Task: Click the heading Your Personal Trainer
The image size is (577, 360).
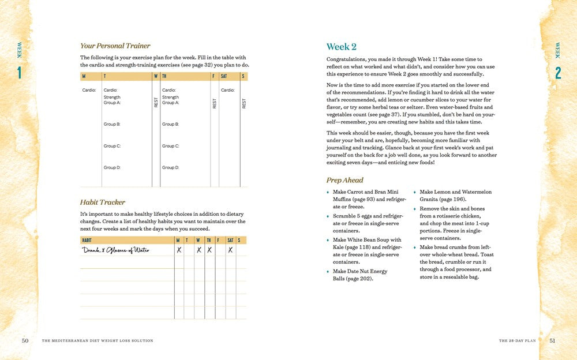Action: (115, 46)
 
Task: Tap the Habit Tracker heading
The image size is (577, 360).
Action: (103, 202)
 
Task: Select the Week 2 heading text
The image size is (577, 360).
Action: (341, 47)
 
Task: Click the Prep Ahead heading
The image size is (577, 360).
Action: (344, 180)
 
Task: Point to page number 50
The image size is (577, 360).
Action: (25, 340)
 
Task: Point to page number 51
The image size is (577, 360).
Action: (552, 340)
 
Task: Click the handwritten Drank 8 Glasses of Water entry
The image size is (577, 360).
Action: (115, 250)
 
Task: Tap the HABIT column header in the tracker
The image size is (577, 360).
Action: (87, 240)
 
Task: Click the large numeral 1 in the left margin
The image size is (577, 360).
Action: (19, 73)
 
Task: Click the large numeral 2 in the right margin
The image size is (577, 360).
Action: (558, 73)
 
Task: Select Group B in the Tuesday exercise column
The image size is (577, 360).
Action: (112, 124)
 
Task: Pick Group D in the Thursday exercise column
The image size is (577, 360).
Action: (170, 167)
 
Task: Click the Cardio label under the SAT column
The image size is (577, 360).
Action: (228, 90)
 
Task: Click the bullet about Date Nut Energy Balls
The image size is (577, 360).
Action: (360, 275)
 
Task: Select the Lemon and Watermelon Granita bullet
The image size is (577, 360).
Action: (447, 195)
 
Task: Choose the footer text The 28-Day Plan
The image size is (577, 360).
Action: (517, 341)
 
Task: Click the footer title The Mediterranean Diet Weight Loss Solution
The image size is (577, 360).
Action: (98, 341)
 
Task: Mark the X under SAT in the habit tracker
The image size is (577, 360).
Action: (230, 250)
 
